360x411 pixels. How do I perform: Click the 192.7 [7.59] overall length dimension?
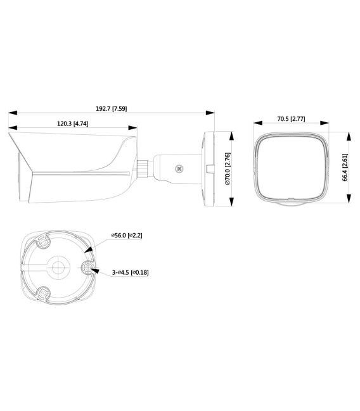(110, 108)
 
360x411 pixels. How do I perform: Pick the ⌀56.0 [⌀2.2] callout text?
(126, 235)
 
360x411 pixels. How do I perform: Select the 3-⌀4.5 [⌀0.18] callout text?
(129, 272)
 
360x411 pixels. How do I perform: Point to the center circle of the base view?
(60, 266)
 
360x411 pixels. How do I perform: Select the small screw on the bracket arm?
(179, 169)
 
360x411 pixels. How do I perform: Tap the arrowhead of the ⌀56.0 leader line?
(91, 250)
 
